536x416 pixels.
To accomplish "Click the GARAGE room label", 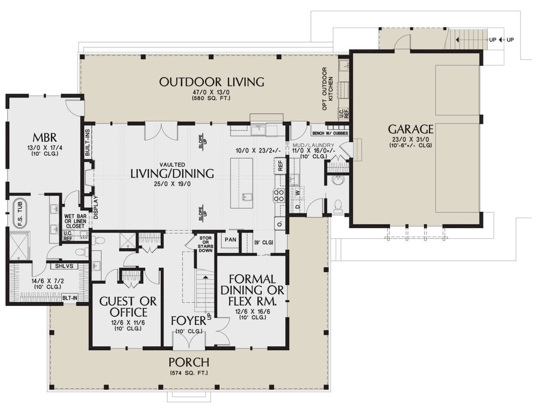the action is point(410,129).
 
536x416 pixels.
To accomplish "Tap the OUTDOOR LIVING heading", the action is point(211,82).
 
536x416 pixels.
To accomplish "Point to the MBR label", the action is point(45,137).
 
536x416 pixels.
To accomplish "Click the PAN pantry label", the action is point(230,240).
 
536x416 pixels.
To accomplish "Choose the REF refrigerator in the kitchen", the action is point(280,166).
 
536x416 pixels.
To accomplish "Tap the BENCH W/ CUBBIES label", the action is point(330,133).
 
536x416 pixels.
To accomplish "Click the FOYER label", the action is point(188,321).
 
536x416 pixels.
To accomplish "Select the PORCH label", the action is point(189,362).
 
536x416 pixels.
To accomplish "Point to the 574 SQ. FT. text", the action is point(189,373).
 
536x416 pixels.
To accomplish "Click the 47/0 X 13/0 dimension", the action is point(211,93).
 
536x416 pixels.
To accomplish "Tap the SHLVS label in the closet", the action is point(64,266).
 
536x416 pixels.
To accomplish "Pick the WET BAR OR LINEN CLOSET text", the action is point(75,221).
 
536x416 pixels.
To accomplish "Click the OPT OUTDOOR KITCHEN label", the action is point(327,89).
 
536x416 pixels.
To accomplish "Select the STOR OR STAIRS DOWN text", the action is point(205,244).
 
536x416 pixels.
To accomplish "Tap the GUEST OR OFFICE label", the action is point(128,307).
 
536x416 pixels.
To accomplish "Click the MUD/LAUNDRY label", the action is point(313,145).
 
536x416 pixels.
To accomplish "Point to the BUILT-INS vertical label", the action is point(88,143).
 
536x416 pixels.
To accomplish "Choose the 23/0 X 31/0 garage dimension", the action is point(410,139).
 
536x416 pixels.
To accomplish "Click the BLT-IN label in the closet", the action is point(70,298).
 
